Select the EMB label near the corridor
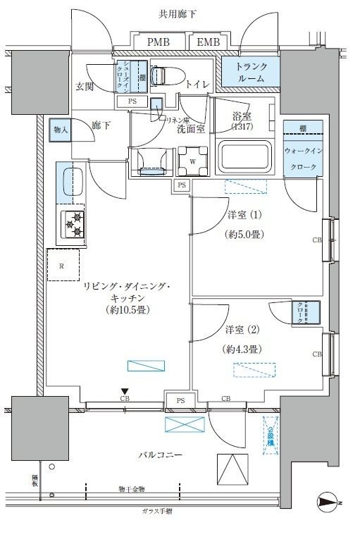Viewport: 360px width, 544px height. pos(209,43)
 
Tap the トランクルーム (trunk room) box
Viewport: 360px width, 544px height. pos(251,73)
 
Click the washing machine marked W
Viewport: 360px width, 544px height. pos(192,159)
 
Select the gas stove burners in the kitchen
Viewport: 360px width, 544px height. pos(73,225)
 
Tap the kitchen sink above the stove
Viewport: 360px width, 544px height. pos(70,181)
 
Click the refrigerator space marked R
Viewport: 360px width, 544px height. pos(63,266)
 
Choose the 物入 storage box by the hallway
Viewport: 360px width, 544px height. pos(60,130)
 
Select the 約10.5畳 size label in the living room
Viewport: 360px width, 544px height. pos(128,309)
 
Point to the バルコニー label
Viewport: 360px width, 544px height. pos(160,456)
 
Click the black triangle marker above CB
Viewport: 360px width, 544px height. pos(125,392)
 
